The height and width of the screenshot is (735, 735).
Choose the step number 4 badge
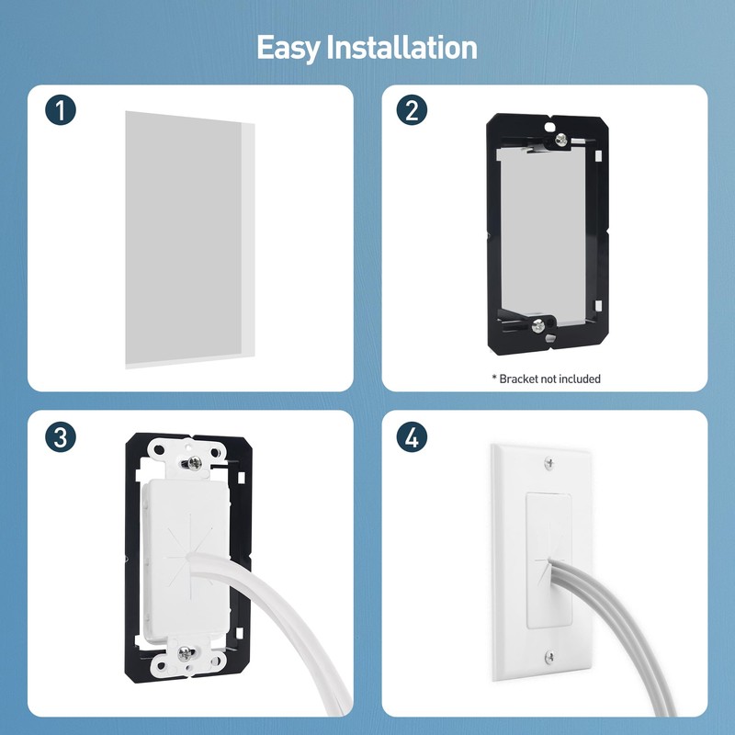(412, 437)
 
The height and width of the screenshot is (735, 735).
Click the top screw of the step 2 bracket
(560, 140)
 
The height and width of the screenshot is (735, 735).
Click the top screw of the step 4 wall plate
(549, 463)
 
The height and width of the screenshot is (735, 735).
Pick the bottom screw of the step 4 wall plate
(549, 657)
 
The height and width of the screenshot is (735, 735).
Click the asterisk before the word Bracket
(493, 379)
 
